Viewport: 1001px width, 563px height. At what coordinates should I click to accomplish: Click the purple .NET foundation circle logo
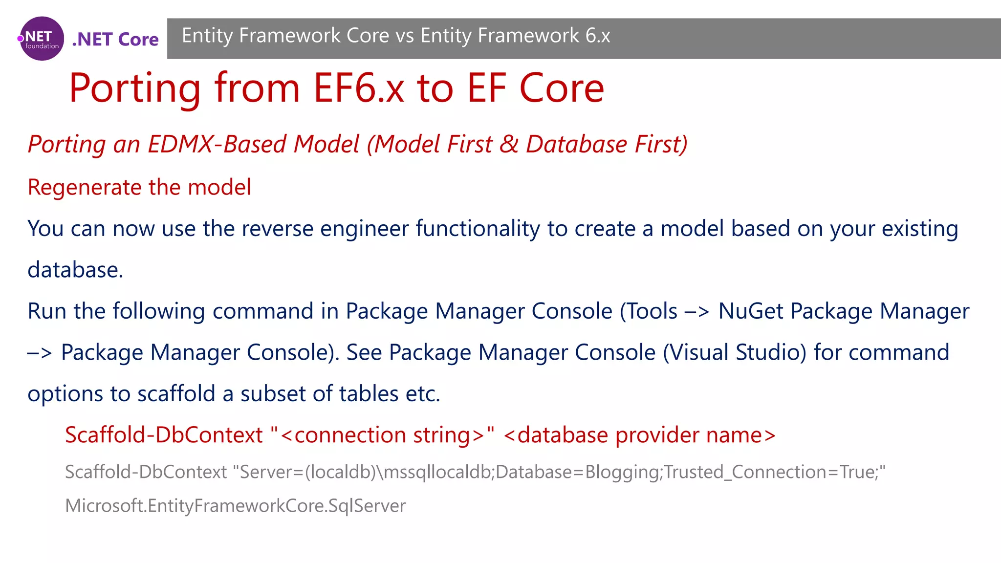coord(42,39)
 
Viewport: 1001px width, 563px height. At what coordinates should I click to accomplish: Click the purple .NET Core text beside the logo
coord(115,39)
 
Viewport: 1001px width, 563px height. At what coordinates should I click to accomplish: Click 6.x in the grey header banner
coord(597,36)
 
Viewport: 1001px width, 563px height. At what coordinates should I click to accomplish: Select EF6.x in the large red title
coord(359,88)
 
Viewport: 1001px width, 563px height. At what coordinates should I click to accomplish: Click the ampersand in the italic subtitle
coord(508,144)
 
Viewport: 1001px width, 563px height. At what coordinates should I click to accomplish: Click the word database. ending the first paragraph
coord(75,270)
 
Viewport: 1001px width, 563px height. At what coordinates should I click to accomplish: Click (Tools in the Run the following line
coord(649,311)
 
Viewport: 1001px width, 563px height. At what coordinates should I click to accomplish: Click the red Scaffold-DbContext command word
coord(164,435)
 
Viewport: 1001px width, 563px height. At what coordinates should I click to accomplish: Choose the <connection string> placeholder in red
coord(382,435)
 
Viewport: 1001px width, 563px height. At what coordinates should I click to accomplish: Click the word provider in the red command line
coord(657,435)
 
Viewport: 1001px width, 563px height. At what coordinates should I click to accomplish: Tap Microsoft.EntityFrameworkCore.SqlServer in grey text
coord(235,506)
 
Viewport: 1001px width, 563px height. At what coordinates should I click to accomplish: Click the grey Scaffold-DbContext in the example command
coord(146,472)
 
